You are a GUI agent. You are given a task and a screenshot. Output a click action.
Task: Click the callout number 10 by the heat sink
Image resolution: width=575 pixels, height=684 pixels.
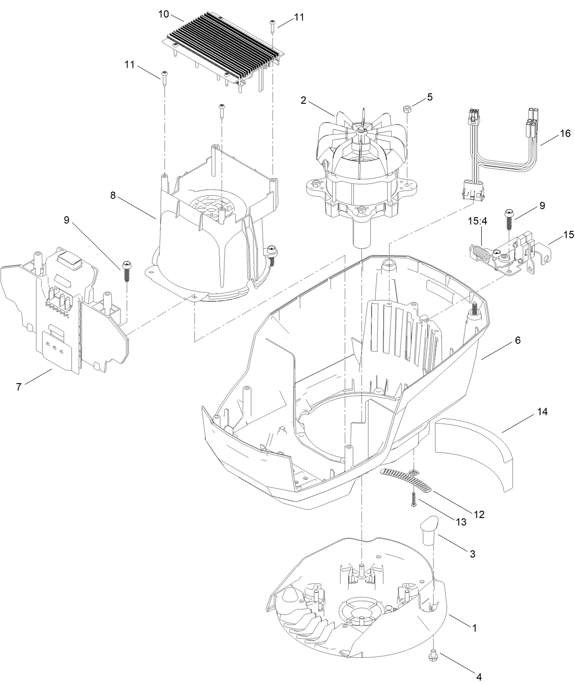pyautogui.click(x=164, y=14)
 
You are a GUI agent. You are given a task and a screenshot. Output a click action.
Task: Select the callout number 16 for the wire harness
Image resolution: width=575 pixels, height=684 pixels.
pyautogui.click(x=565, y=133)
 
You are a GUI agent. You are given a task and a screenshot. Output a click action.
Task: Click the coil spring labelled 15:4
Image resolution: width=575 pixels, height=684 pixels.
pyautogui.click(x=481, y=252)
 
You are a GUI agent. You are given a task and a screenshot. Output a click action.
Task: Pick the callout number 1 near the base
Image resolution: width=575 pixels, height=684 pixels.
pyautogui.click(x=474, y=628)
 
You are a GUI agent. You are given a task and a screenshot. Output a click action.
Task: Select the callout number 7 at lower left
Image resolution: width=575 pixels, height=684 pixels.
pyautogui.click(x=19, y=387)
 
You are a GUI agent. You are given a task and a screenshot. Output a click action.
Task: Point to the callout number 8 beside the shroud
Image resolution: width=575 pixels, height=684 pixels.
pyautogui.click(x=112, y=195)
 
